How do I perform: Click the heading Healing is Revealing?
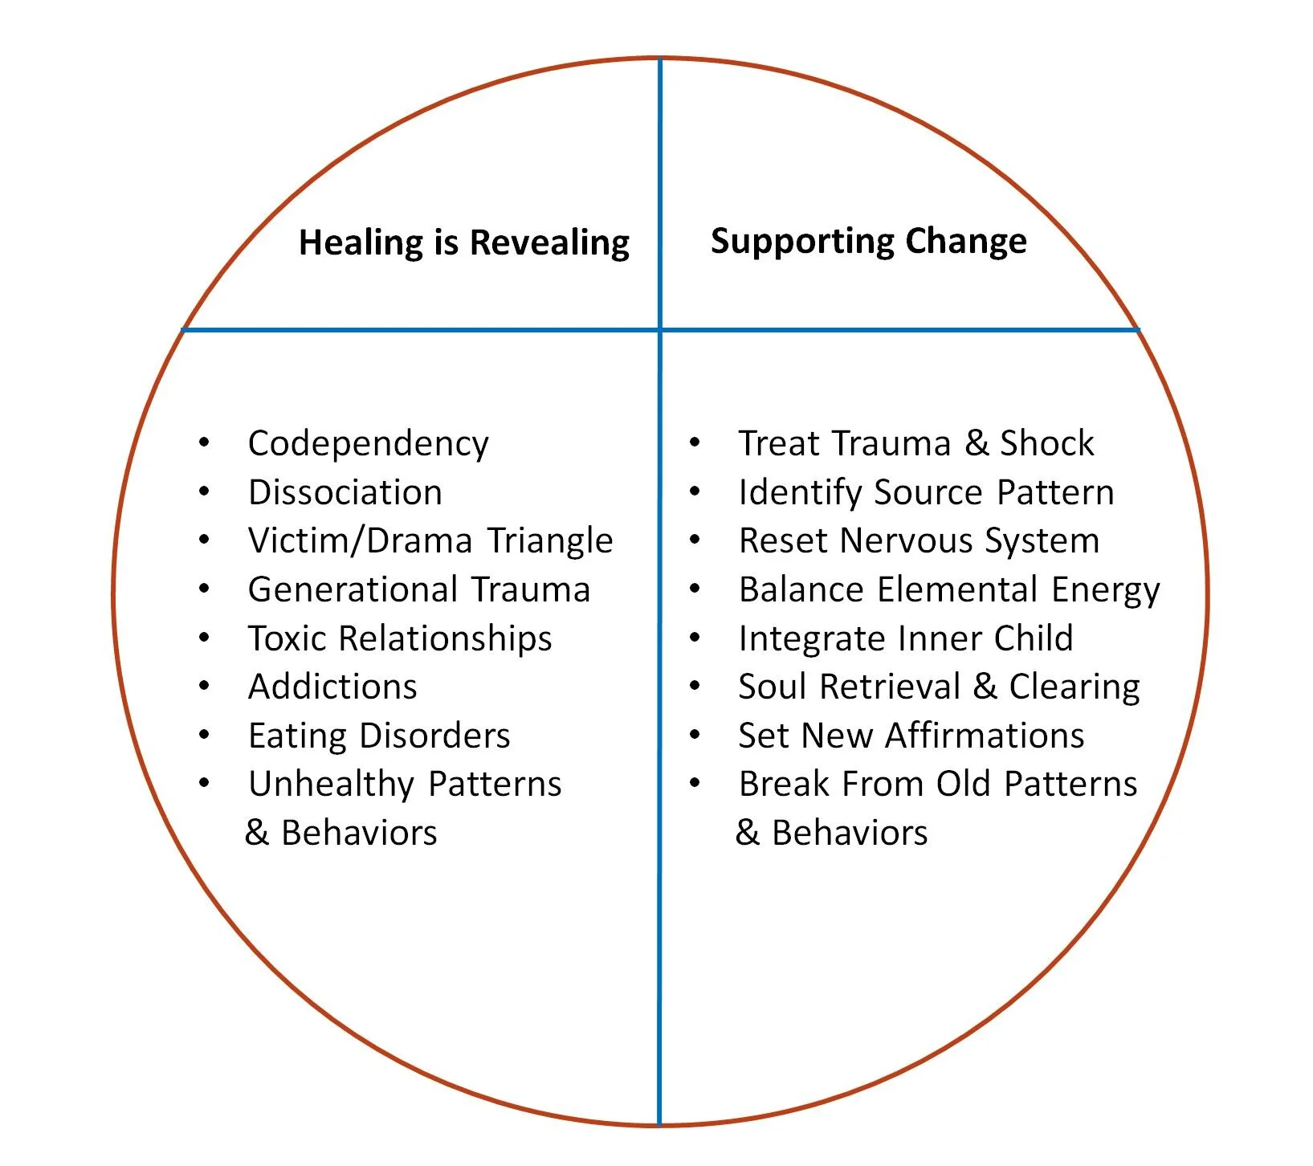(x=464, y=243)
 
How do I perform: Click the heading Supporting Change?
(x=869, y=242)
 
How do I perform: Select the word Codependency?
(x=369, y=444)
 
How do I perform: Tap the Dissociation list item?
(x=345, y=492)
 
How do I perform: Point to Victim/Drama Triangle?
(x=430, y=540)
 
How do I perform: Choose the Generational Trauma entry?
(x=419, y=589)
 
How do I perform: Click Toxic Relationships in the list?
(x=400, y=638)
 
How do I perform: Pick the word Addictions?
(x=332, y=687)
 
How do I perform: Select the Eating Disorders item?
(x=379, y=736)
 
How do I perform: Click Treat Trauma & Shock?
(x=916, y=443)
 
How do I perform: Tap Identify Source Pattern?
(x=927, y=492)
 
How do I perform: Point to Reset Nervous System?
(x=920, y=541)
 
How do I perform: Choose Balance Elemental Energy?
(x=950, y=590)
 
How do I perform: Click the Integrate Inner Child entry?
(x=906, y=638)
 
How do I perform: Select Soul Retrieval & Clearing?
(x=940, y=687)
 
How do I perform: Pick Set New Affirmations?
(x=911, y=736)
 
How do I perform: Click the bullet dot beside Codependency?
(x=205, y=442)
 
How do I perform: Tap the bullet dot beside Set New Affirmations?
(x=695, y=734)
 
